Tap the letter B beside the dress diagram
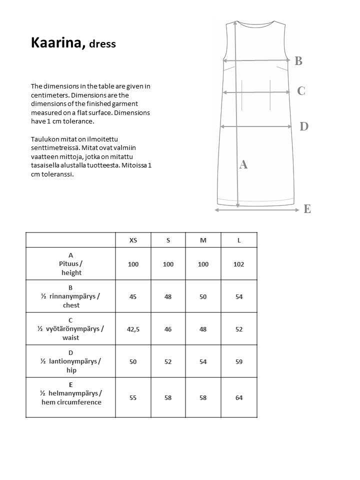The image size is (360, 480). click(298, 61)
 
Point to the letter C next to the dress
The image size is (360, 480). click(301, 91)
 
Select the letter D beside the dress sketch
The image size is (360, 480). click(304, 126)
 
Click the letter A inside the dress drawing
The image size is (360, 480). click(243, 164)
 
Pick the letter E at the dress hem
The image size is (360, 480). click(307, 209)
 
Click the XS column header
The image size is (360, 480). click(133, 240)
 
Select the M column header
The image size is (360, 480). click(203, 240)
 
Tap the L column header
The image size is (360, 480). click(239, 240)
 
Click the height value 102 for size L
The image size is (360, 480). click(239, 264)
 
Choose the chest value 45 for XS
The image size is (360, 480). click(133, 296)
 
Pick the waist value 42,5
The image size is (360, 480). click(133, 329)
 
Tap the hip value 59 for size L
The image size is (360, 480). click(239, 361)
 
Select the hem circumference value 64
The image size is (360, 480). click(239, 397)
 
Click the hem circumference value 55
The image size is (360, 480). click(133, 397)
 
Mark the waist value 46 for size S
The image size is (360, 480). click(168, 329)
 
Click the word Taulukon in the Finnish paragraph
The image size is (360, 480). click(44, 138)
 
